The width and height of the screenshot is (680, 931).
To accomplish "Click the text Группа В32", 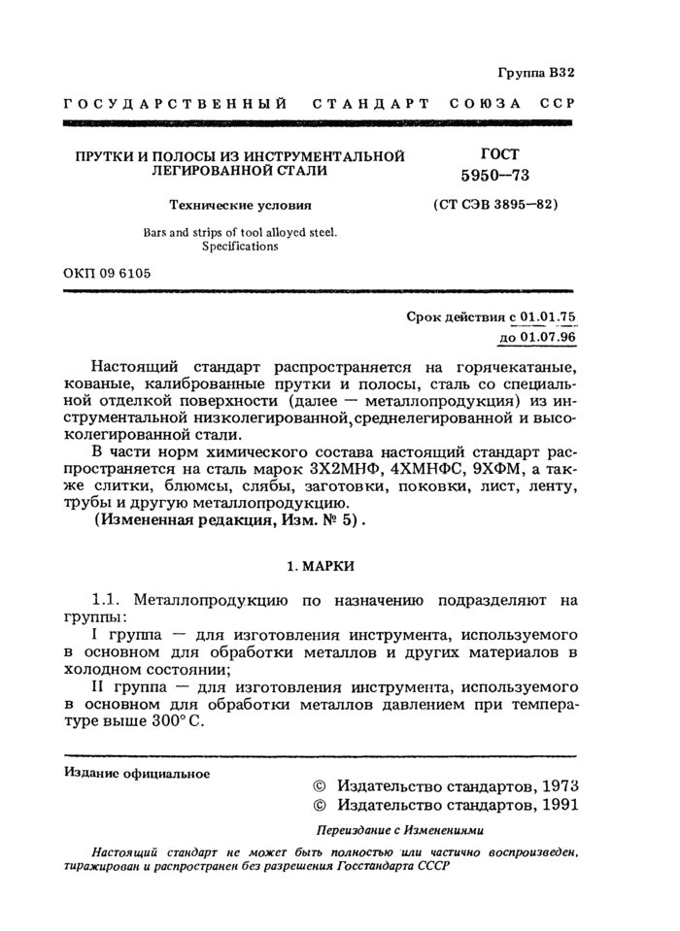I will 536,73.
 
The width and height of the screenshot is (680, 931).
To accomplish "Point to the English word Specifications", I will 240,247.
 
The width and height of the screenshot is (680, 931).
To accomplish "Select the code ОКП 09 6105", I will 107,274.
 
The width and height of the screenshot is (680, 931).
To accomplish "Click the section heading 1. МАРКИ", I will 319,564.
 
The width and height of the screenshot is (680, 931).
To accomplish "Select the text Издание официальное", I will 137,773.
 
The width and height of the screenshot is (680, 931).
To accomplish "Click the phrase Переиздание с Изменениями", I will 399,830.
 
